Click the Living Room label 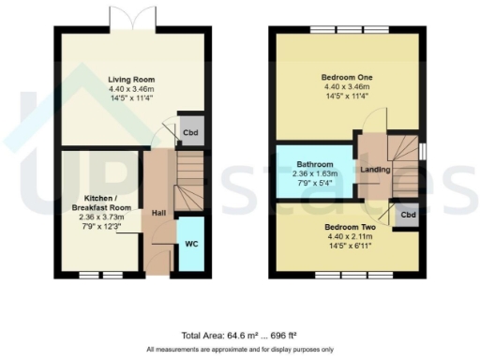(x=130, y=80)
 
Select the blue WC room (x=190, y=244)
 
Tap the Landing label (x=373, y=171)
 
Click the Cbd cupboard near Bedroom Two (x=407, y=215)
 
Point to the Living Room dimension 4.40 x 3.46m (x=130, y=89)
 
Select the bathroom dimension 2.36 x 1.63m (x=314, y=173)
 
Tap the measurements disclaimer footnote (x=239, y=350)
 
